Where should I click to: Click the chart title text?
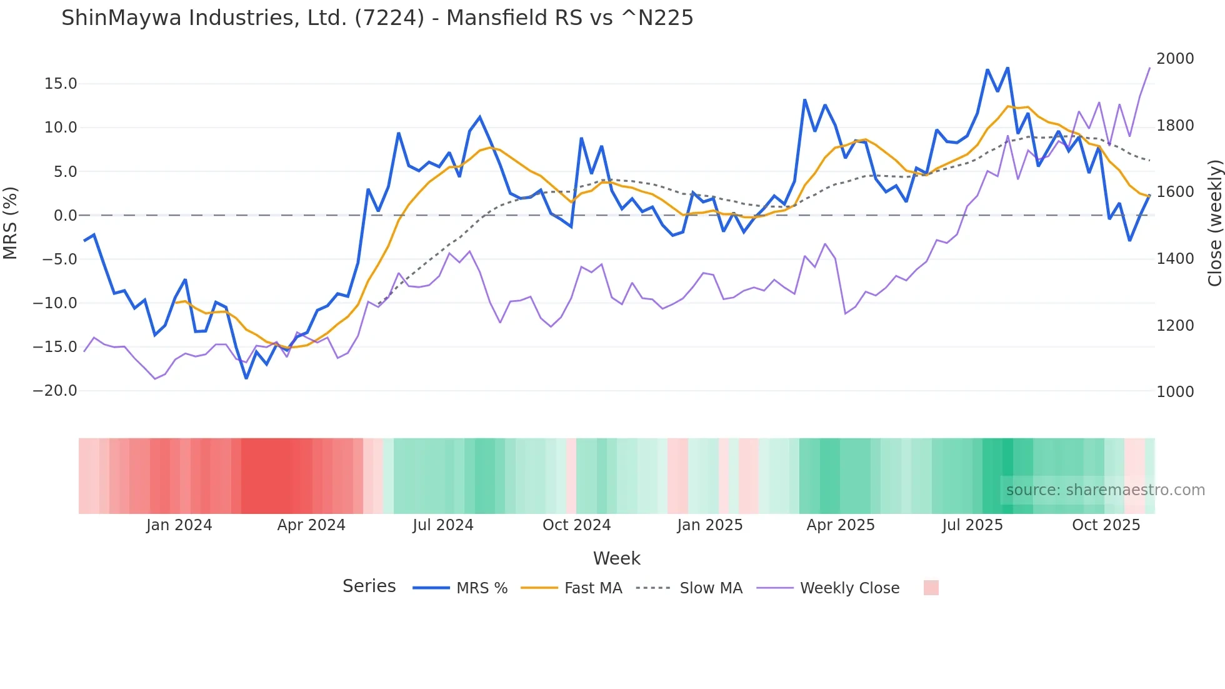(x=377, y=18)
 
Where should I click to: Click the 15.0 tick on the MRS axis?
(x=61, y=84)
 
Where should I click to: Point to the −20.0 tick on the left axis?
(x=55, y=391)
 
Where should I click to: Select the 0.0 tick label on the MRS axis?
(x=65, y=216)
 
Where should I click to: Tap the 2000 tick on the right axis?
(x=1175, y=59)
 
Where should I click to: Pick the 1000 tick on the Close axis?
(x=1175, y=392)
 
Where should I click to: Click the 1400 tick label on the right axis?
(x=1175, y=259)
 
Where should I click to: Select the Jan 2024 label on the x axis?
(x=179, y=525)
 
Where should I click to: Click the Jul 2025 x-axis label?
(x=972, y=525)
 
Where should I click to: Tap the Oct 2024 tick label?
(x=576, y=525)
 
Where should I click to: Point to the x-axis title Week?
(x=616, y=558)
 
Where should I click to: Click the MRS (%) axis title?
(x=11, y=223)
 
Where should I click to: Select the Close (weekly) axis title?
(x=1214, y=223)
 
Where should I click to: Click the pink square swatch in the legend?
(x=931, y=588)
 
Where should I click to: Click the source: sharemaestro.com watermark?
(x=1105, y=490)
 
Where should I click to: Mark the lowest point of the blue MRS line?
(x=246, y=378)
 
